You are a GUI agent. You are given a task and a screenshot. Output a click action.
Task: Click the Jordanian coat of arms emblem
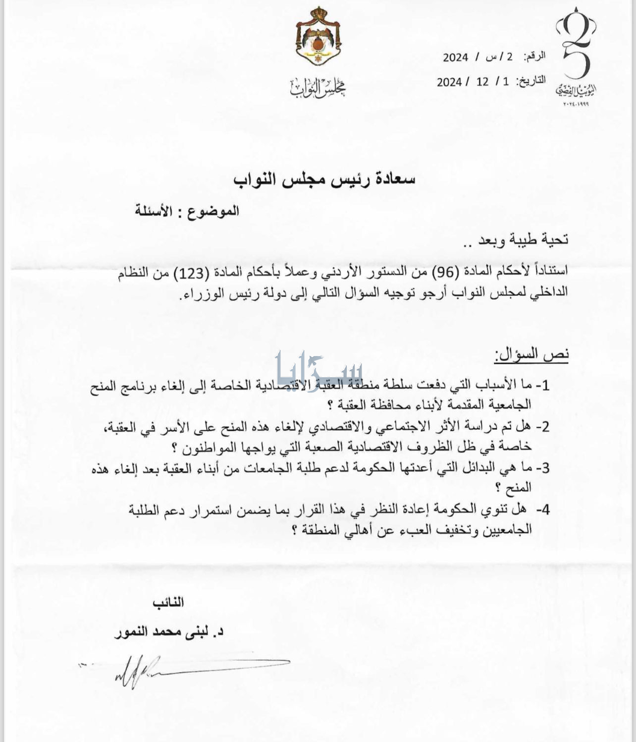pos(318,38)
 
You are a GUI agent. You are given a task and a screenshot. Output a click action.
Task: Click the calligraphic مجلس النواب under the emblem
pos(318,87)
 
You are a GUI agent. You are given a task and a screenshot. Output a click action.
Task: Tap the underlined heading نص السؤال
pos(531,354)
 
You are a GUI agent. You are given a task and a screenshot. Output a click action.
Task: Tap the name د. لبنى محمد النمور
pos(169,632)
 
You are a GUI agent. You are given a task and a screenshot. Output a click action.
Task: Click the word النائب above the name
pos(168,602)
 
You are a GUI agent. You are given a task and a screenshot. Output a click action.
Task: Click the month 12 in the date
pos(482,81)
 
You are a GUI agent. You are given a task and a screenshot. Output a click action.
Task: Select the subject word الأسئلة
pos(154,211)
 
